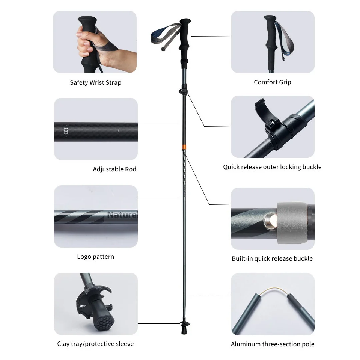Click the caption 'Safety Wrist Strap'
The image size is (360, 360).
click(x=96, y=82)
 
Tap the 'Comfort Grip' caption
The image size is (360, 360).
click(x=273, y=82)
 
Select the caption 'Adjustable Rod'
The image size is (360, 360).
click(x=115, y=169)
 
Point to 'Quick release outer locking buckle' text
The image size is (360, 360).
click(x=272, y=167)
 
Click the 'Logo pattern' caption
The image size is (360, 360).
click(x=96, y=257)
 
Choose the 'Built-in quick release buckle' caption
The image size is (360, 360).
click(x=272, y=259)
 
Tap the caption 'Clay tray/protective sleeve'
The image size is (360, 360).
click(x=95, y=344)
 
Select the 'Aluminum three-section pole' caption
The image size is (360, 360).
click(x=273, y=344)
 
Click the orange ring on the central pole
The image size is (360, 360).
click(x=184, y=147)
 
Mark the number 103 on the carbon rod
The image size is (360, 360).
click(x=66, y=131)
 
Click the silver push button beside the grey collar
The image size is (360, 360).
click(x=270, y=221)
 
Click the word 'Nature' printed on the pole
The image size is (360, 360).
click(x=122, y=215)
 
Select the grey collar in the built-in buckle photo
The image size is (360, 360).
click(x=292, y=223)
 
